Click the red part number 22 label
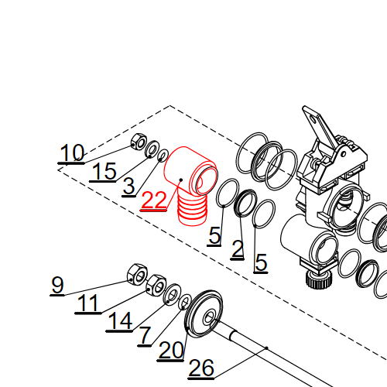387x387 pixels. coord(154,200)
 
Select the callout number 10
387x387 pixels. coord(72,152)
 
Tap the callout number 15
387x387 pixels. coord(104,171)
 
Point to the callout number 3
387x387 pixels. coord(129,186)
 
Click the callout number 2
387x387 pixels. coord(238,248)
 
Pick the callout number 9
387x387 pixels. coord(57,285)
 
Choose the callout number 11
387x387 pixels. coord(87,303)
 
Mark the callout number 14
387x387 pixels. coord(120,321)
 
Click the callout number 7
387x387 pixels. coord(145,335)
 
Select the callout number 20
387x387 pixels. coord(171,350)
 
